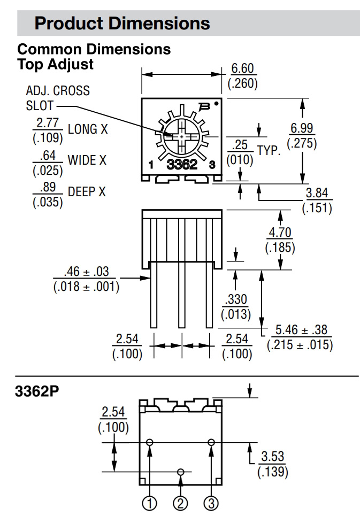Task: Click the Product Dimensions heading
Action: (x=122, y=23)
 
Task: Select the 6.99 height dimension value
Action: (x=302, y=129)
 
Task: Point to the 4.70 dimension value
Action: (x=280, y=233)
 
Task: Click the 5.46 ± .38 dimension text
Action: (x=300, y=329)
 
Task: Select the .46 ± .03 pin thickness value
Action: (x=86, y=272)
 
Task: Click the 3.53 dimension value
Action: (x=272, y=457)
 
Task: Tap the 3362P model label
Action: (x=37, y=391)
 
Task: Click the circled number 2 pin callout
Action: (x=180, y=503)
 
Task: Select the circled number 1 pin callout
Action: (x=150, y=503)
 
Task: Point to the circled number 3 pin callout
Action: (x=211, y=503)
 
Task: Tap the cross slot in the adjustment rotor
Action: (x=182, y=137)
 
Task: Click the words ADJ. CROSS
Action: (x=58, y=90)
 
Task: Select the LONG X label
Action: (x=83, y=129)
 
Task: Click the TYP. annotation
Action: (x=269, y=150)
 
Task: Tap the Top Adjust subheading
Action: (x=56, y=65)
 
